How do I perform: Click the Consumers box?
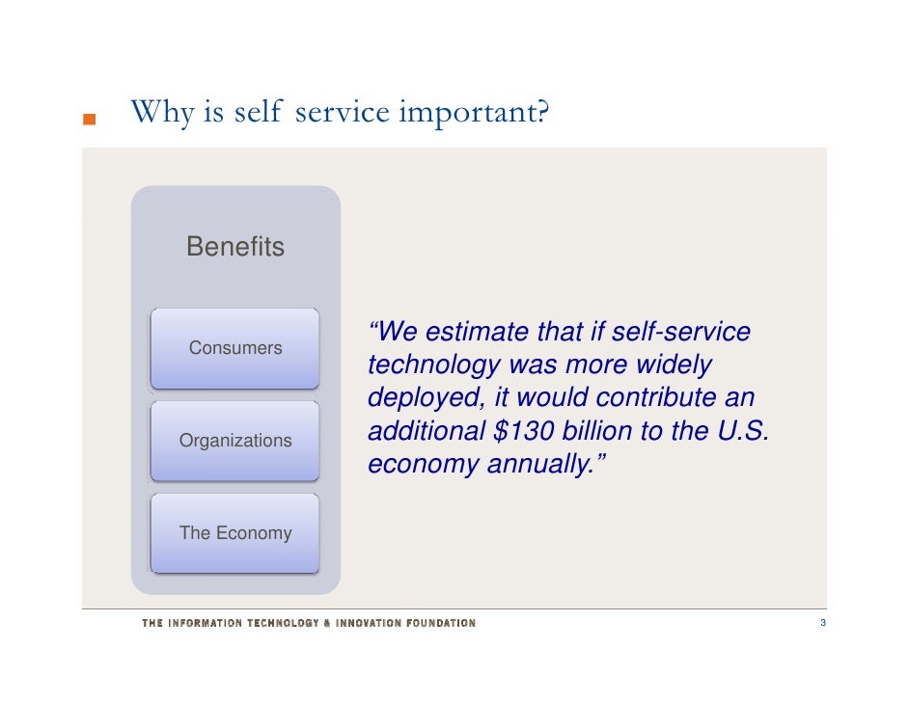click(235, 348)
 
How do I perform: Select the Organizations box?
click(235, 441)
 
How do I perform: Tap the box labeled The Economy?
click(235, 533)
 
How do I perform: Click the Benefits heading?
click(235, 247)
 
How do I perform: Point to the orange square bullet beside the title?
click(89, 121)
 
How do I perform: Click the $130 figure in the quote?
click(527, 431)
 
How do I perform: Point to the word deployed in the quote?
click(426, 398)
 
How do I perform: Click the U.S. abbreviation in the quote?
click(742, 431)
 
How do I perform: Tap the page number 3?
click(822, 624)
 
